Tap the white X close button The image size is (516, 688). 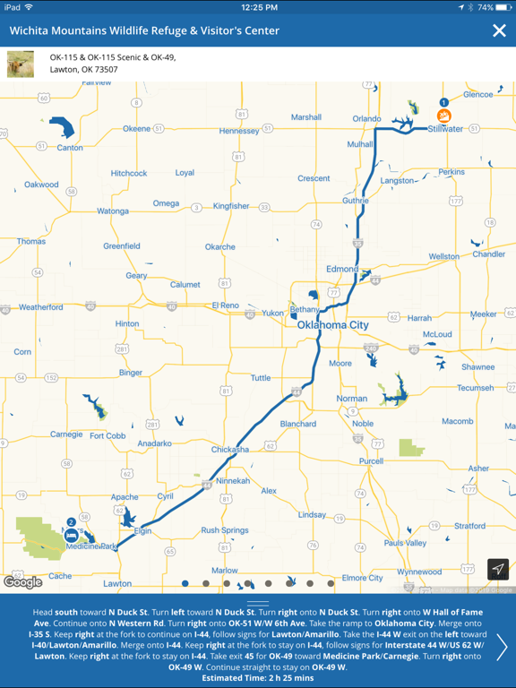click(x=499, y=30)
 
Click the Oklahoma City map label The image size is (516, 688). click(x=332, y=324)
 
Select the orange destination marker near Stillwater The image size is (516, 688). click(x=443, y=116)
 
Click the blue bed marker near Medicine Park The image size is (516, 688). click(x=71, y=535)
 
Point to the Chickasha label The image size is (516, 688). click(x=230, y=450)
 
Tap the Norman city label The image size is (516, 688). click(x=351, y=399)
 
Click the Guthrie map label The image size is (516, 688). click(x=355, y=201)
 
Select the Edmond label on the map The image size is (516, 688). click(x=341, y=269)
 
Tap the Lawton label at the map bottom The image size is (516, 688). click(x=117, y=583)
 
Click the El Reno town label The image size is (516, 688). click(x=226, y=305)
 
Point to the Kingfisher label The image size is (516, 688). click(x=231, y=206)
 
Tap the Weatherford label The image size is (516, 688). click(x=41, y=307)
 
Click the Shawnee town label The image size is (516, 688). click(x=477, y=367)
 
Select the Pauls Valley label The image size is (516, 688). click(x=405, y=543)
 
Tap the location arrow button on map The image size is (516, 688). click(x=498, y=569)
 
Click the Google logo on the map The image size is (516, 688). click(x=22, y=582)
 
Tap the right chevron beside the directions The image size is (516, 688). click(x=502, y=647)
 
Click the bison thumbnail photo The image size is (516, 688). click(x=21, y=64)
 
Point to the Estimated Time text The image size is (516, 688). click(x=257, y=677)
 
